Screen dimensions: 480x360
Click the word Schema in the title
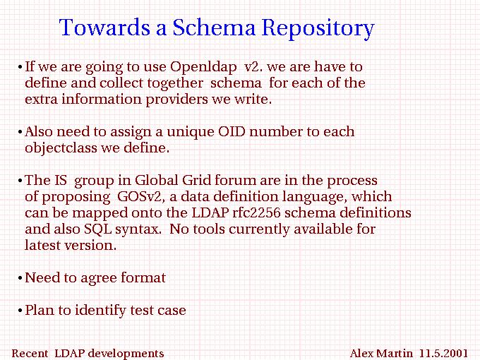coord(214,28)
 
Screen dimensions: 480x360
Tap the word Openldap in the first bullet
coord(203,67)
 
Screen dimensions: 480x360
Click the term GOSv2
coord(141,196)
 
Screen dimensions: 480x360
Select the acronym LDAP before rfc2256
coord(210,212)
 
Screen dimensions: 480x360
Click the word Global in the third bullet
coord(156,180)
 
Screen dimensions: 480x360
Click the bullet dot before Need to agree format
coord(20,278)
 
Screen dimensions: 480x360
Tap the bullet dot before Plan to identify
coord(20,311)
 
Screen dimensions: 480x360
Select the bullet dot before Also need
coord(20,132)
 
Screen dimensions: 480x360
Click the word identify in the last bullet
coord(100,311)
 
